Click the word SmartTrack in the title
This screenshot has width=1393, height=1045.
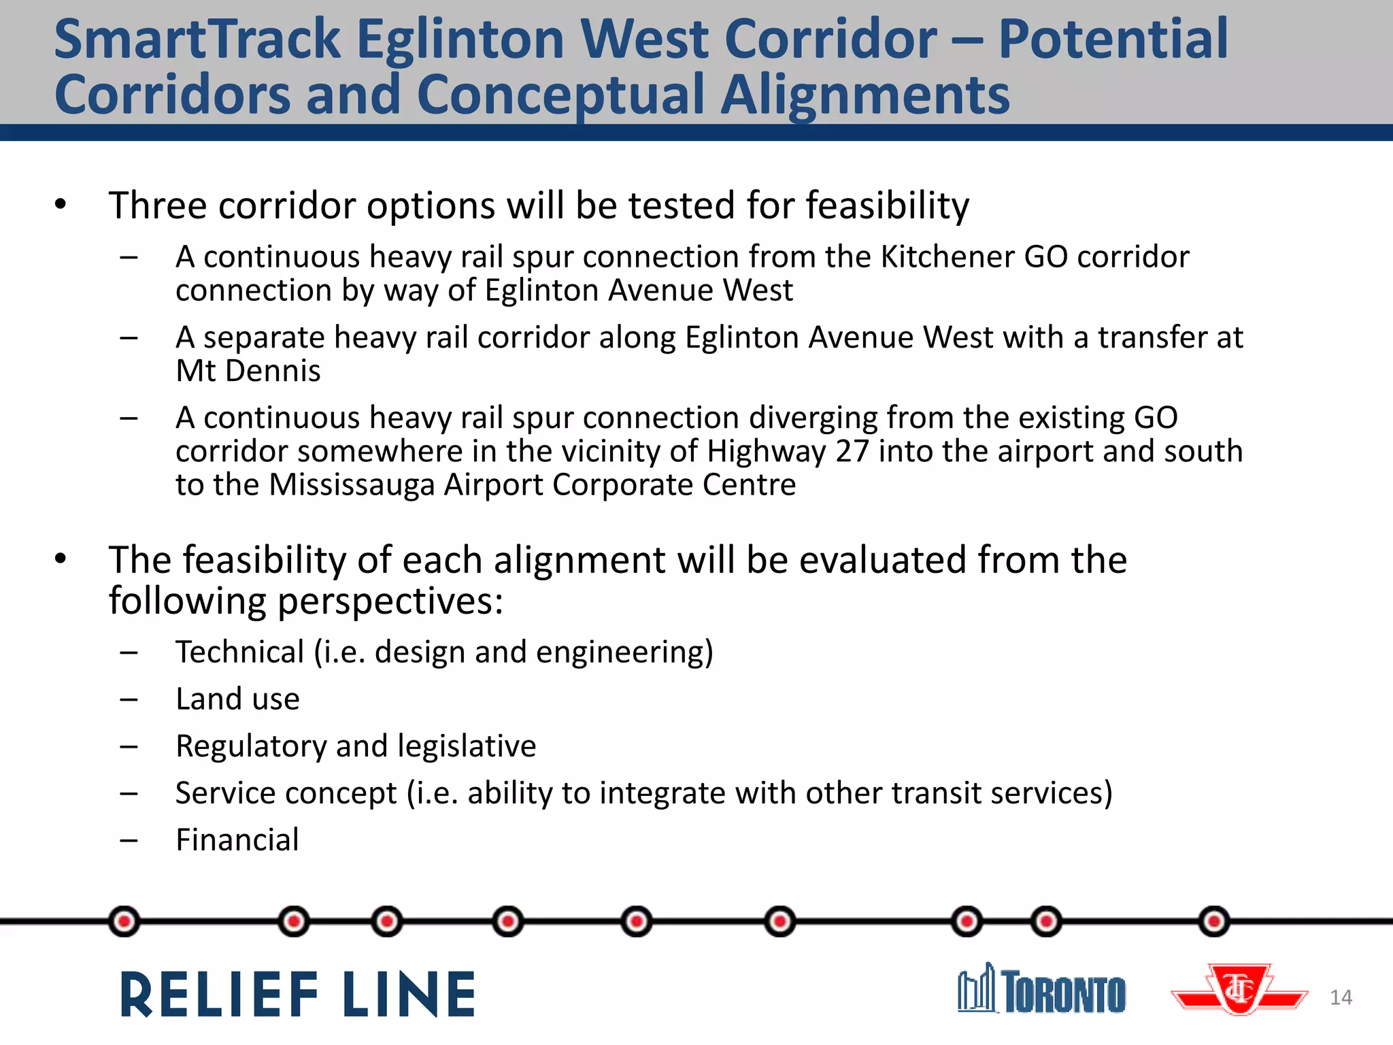(197, 39)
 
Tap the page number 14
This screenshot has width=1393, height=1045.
(1341, 997)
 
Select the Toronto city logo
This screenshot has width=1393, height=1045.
(1042, 991)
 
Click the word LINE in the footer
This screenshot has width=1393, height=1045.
(409, 995)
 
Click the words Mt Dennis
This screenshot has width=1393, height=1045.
(248, 371)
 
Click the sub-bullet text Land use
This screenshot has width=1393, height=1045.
(237, 699)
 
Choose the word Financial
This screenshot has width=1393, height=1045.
(237, 840)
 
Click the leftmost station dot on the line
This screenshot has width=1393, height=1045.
(124, 922)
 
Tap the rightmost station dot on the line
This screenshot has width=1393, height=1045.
(1214, 922)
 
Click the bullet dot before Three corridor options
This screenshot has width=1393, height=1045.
(61, 204)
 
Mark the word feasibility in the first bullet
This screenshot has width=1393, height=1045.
(888, 205)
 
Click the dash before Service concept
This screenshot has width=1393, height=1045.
(129, 793)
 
